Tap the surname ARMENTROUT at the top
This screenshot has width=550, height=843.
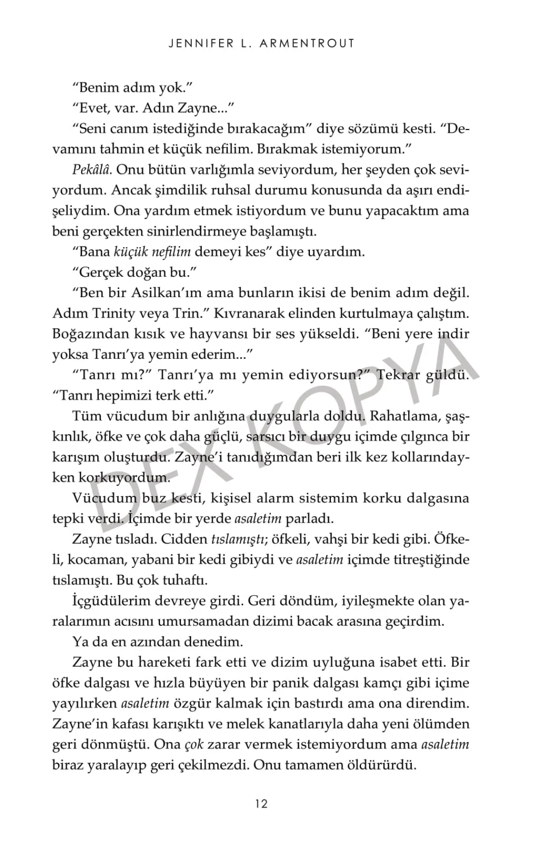pos(307,44)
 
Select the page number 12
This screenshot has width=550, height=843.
pos(262,804)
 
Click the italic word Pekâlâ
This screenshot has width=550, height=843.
pos(92,170)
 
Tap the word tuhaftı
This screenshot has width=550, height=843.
pos(182,580)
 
